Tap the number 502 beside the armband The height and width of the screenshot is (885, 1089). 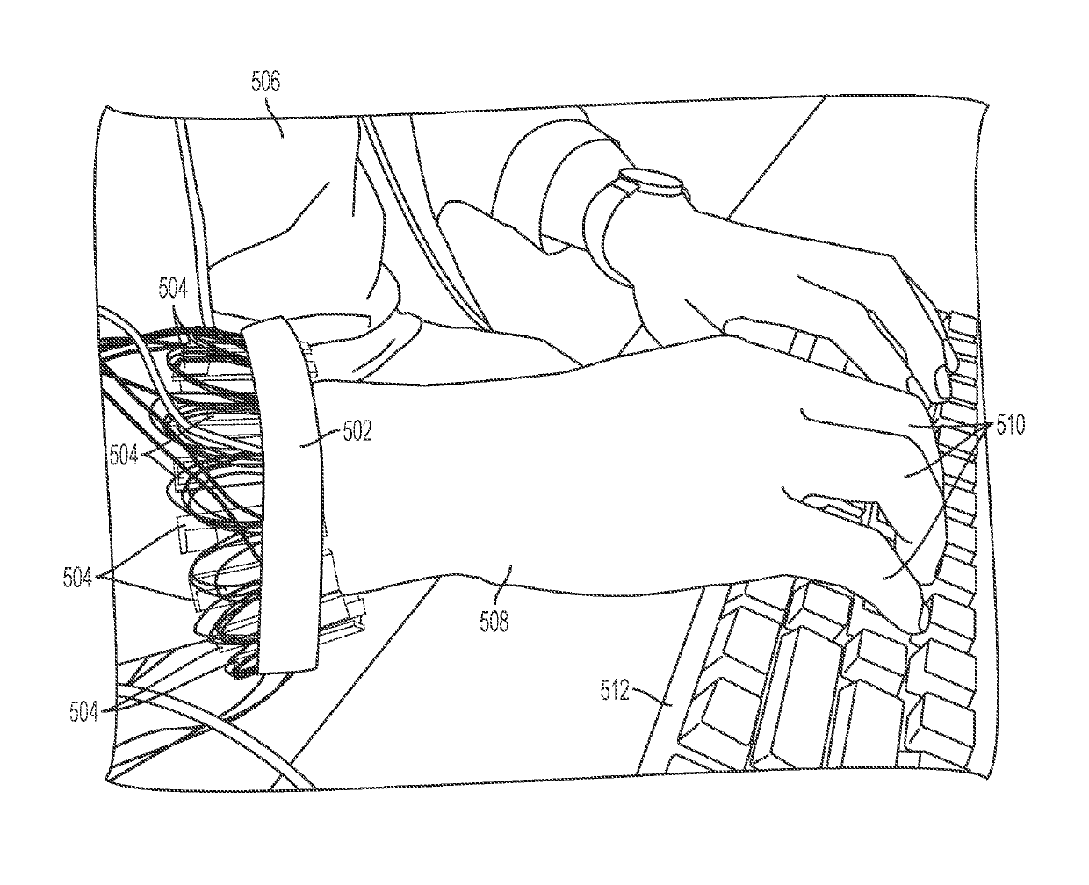pyautogui.click(x=359, y=430)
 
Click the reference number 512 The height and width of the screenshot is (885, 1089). pyautogui.click(x=615, y=691)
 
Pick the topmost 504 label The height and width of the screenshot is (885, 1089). pyautogui.click(x=173, y=286)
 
